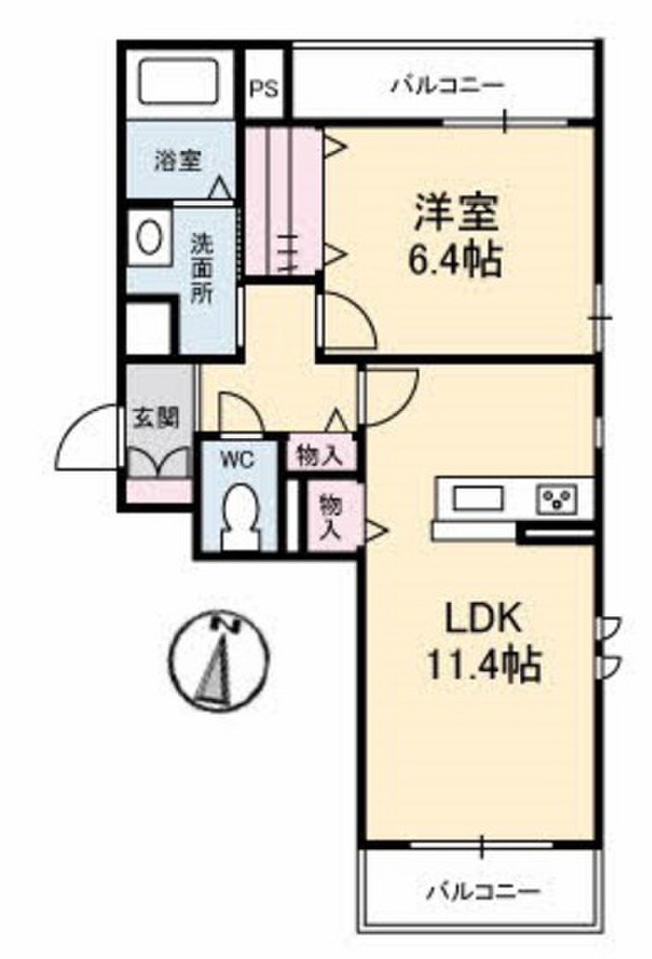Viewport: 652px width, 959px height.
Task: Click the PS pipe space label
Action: (x=264, y=89)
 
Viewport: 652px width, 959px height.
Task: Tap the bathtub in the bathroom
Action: (x=179, y=81)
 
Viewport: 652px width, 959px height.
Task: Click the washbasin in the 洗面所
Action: (x=148, y=237)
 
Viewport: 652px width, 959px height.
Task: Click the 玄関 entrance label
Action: (x=155, y=418)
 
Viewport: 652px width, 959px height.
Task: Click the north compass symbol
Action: (x=218, y=658)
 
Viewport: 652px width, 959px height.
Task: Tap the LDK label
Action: (x=480, y=618)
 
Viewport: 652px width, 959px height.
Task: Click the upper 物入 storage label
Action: (x=319, y=455)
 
